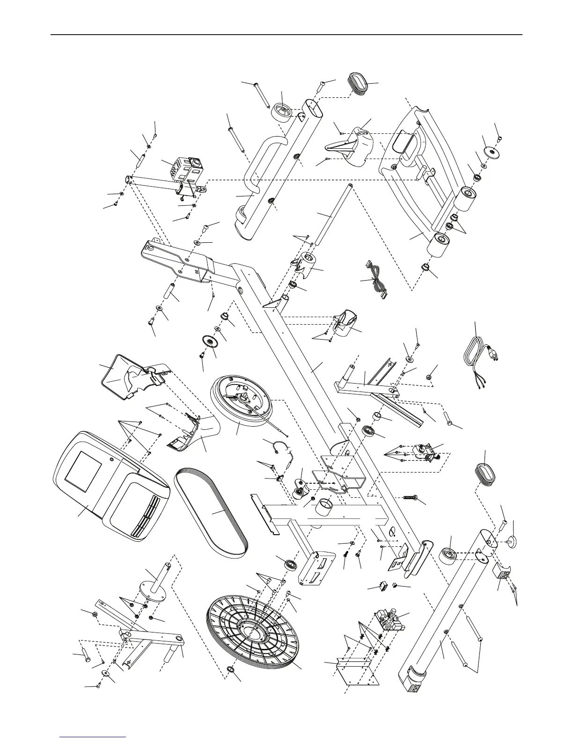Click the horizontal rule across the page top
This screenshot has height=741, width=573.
(286, 35)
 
